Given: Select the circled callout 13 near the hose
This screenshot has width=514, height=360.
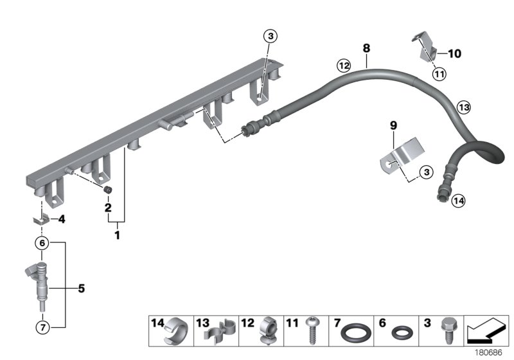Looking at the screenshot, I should pyautogui.click(x=463, y=108).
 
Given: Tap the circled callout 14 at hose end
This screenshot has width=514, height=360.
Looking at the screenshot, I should pyautogui.click(x=457, y=201).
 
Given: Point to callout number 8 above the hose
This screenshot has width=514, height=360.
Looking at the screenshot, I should pyautogui.click(x=366, y=48).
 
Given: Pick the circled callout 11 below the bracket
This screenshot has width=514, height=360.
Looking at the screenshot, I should pyautogui.click(x=439, y=75).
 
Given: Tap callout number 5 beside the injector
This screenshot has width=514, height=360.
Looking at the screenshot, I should pyautogui.click(x=82, y=289).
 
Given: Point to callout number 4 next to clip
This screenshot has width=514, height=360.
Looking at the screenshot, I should pyautogui.click(x=62, y=219).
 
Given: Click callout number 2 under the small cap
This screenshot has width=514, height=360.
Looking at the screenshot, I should pyautogui.click(x=108, y=208).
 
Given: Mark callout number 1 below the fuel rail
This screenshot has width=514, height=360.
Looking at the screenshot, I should pyautogui.click(x=117, y=236).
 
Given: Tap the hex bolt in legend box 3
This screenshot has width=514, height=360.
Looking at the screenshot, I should pyautogui.click(x=446, y=330).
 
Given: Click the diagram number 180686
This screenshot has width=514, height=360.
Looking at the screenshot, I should pyautogui.click(x=488, y=352).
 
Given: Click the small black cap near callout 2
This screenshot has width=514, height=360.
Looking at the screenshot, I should pyautogui.click(x=109, y=190).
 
